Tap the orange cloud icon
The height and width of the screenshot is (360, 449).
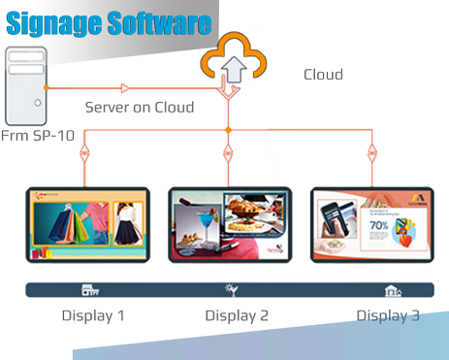tap(227, 58)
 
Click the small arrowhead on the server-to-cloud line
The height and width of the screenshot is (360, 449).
tap(125, 87)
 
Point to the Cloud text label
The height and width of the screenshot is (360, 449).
tap(323, 74)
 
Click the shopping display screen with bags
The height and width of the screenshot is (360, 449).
tap(87, 223)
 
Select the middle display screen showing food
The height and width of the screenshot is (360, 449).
tap(229, 223)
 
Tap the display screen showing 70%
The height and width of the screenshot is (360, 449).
tap(371, 223)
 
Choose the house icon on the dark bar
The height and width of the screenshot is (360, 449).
tap(392, 290)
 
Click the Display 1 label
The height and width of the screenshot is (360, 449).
tap(93, 315)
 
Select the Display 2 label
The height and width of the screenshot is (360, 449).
tap(236, 315)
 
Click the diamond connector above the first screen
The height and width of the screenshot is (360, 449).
tap(85, 152)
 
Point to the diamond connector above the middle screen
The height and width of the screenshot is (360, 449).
tap(228, 152)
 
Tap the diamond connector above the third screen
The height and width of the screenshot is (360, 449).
tap(370, 152)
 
